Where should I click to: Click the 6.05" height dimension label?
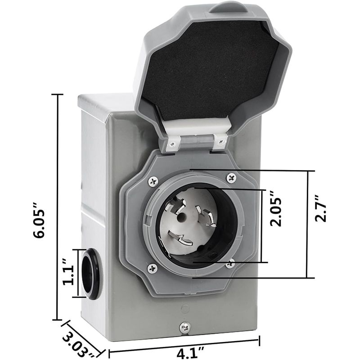tap(39, 220)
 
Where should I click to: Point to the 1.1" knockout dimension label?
tap(69, 272)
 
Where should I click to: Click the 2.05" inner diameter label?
tap(275, 208)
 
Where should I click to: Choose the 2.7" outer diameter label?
tap(320, 208)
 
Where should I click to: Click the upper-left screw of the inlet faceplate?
tap(153, 182)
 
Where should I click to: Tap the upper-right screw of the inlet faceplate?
tap(231, 177)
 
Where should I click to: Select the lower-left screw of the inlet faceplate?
tap(153, 268)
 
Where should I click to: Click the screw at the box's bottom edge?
tap(185, 327)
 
